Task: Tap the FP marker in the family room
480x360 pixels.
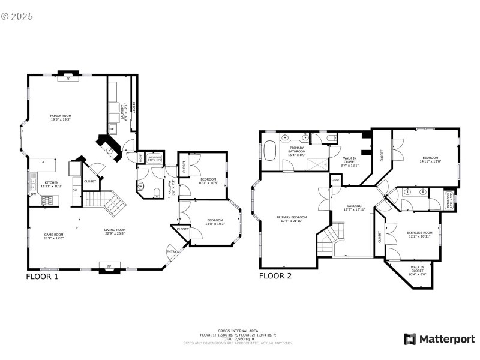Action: [68, 79]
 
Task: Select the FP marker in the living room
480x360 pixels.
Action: [109, 266]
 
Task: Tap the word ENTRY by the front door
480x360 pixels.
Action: [172, 252]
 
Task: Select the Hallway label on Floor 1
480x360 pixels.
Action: [172, 185]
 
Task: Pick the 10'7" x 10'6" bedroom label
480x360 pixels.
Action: [208, 181]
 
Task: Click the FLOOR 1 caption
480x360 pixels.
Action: [42, 277]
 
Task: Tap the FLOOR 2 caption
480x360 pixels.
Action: [275, 277]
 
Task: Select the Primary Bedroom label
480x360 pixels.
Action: [292, 219]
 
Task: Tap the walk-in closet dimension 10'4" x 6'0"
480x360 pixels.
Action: [418, 274]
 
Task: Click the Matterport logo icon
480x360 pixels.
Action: [410, 339]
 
